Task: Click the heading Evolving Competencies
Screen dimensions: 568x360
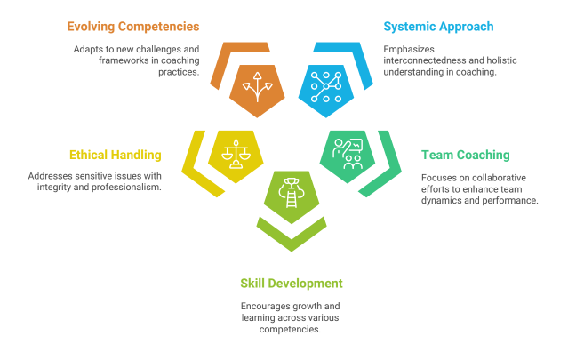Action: [133, 27]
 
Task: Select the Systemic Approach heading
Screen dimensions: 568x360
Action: [438, 27]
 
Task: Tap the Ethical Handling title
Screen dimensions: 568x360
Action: [116, 155]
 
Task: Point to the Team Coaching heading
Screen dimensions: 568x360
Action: [466, 155]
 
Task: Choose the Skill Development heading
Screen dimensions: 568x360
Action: [292, 284]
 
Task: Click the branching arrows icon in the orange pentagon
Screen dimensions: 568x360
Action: [257, 87]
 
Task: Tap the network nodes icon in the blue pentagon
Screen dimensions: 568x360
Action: [326, 87]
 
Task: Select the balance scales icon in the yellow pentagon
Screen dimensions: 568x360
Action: [236, 154]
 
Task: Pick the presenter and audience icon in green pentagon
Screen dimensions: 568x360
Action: [348, 154]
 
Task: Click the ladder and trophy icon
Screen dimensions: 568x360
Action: [292, 193]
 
